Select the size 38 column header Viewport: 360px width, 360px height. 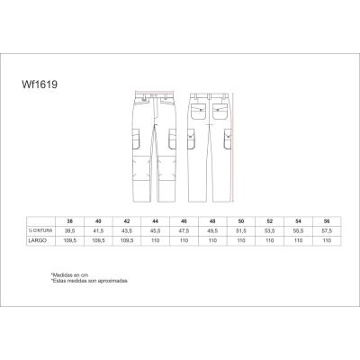click(69, 220)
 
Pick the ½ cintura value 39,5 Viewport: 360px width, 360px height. click(69, 230)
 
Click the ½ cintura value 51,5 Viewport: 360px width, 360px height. click(239, 230)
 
